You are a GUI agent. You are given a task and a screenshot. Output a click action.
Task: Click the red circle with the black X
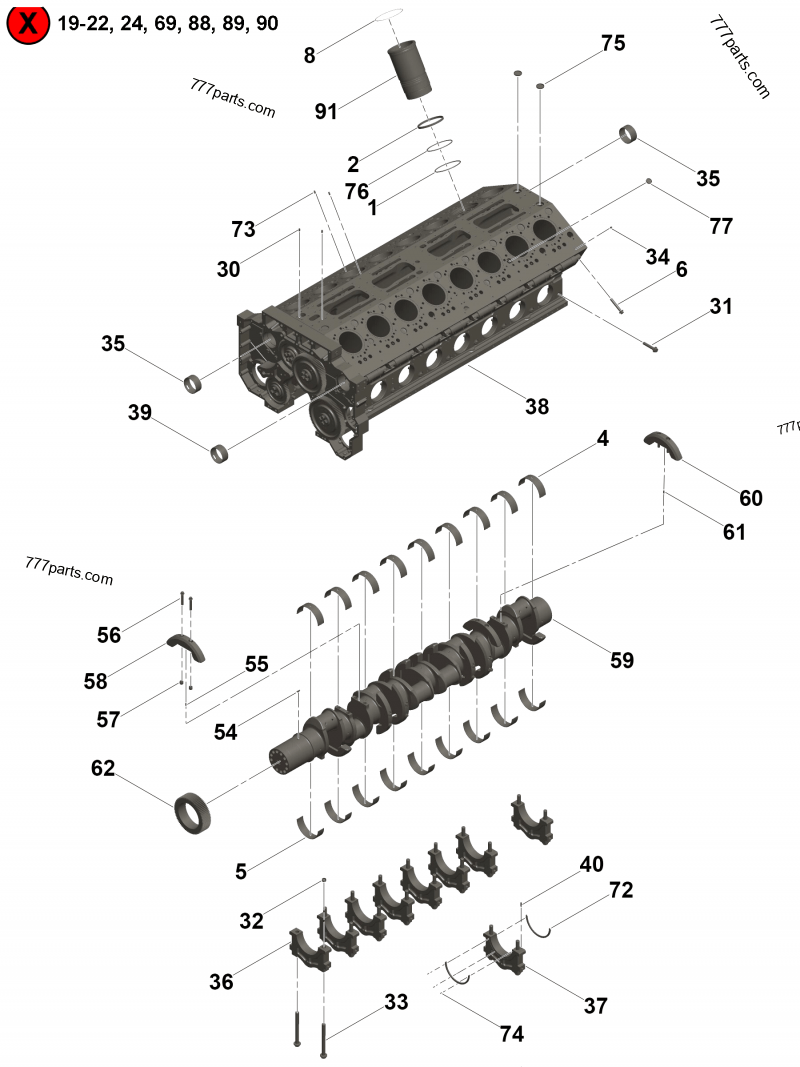[x=28, y=23]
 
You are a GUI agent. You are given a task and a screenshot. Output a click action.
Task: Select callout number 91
[x=326, y=111]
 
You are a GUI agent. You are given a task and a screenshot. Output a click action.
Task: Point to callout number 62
[x=103, y=768]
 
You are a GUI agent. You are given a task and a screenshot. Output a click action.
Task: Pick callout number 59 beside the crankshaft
[x=622, y=661]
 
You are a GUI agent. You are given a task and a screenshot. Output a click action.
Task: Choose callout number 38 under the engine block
[x=537, y=406]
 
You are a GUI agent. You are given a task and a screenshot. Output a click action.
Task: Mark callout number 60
[x=750, y=497]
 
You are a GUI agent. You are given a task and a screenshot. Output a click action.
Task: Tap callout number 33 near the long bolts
[x=396, y=1001]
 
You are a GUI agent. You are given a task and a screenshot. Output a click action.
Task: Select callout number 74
[x=511, y=1034]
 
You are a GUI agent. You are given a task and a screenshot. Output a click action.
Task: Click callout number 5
[x=241, y=871]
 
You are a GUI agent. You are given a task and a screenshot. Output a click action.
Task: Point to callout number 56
[x=109, y=634]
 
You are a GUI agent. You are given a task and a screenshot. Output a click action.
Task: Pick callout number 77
[x=720, y=226]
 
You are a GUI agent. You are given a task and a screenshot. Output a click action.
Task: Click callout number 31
[x=720, y=306]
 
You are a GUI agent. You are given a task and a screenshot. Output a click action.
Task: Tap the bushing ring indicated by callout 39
[x=221, y=455]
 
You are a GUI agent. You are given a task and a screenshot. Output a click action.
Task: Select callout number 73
[x=243, y=229]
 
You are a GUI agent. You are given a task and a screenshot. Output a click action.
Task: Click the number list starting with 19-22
[x=168, y=23]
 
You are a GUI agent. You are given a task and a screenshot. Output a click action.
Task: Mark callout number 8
[x=310, y=56]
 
